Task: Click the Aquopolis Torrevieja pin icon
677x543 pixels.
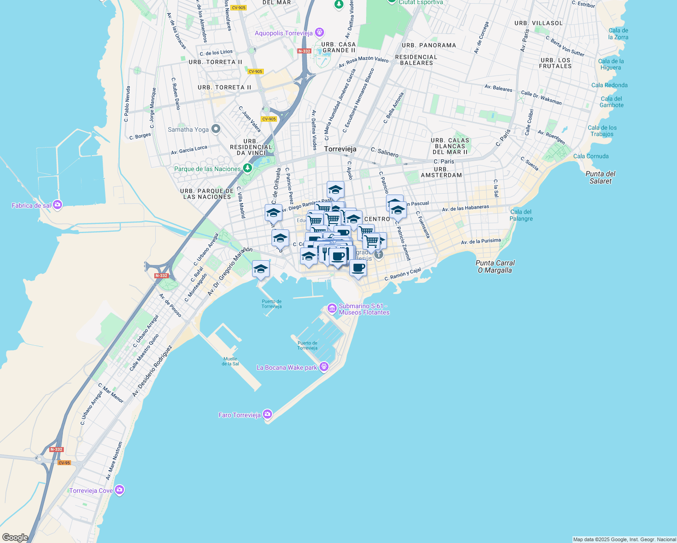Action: click(319, 33)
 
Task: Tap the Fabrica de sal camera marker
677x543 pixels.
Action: click(57, 205)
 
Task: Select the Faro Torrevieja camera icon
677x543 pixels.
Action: click(267, 414)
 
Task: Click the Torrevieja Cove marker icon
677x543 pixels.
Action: click(119, 490)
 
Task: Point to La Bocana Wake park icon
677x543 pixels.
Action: click(324, 367)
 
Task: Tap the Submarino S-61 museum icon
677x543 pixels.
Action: click(332, 309)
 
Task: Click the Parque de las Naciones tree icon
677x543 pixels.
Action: click(247, 168)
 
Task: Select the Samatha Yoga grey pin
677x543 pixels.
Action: click(216, 129)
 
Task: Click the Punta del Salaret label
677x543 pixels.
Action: click(601, 177)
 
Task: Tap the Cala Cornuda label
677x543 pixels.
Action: click(591, 156)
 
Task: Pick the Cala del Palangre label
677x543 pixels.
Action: click(521, 215)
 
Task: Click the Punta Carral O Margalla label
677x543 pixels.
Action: click(495, 267)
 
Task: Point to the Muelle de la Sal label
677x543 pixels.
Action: click(230, 361)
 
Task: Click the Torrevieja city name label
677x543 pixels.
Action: click(340, 149)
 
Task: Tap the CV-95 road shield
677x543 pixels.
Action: click(64, 463)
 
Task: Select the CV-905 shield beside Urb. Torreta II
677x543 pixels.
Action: click(256, 71)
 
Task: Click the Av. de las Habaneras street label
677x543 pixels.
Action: click(465, 208)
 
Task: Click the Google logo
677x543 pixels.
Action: click(15, 537)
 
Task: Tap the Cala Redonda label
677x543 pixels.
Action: click(609, 85)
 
